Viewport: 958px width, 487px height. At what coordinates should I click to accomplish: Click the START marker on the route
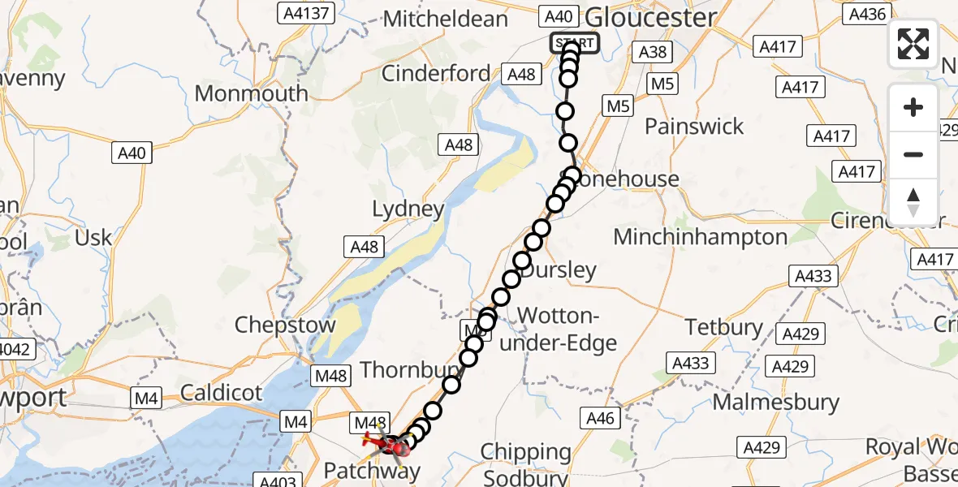click(x=575, y=43)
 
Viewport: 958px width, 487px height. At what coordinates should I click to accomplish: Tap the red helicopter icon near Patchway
click(x=388, y=443)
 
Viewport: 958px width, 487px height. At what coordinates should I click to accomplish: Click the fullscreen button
click(x=913, y=44)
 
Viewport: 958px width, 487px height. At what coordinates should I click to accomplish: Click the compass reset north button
click(x=913, y=202)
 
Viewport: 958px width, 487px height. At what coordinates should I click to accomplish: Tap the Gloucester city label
click(x=650, y=17)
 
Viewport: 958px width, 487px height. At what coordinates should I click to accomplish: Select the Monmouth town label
click(x=252, y=93)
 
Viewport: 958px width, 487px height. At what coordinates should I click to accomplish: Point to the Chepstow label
click(x=285, y=325)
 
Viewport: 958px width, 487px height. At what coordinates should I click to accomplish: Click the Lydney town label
click(x=408, y=209)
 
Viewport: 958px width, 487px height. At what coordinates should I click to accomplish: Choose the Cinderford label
click(x=436, y=73)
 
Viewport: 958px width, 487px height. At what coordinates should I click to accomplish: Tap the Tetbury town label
click(x=724, y=327)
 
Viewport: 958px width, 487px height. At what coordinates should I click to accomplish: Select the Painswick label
click(x=694, y=126)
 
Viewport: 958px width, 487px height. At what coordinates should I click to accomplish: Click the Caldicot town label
click(x=221, y=393)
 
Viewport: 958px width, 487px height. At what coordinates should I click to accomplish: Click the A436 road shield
click(x=866, y=13)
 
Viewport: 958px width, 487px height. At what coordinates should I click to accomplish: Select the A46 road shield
click(x=601, y=418)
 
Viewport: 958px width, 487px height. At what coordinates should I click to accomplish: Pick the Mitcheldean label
click(x=446, y=19)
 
